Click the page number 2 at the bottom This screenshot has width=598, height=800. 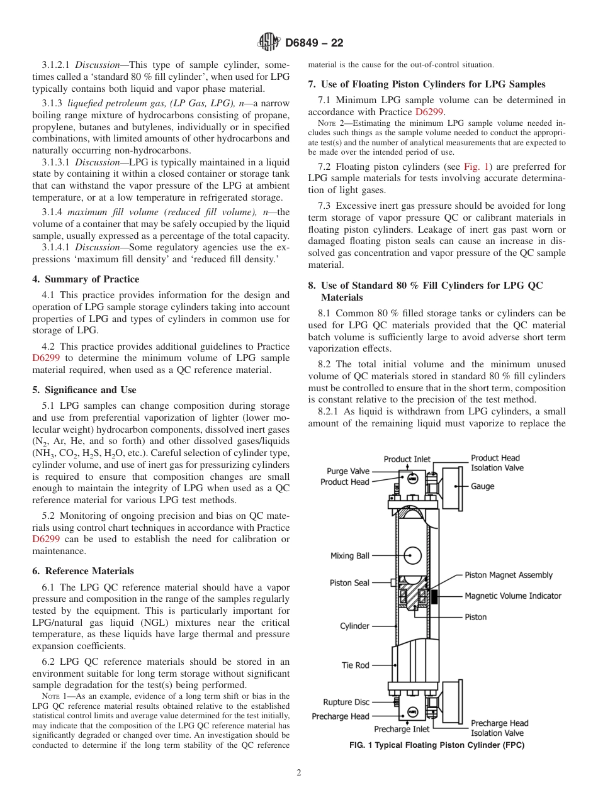click(x=299, y=773)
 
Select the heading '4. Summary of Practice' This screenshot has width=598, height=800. click(x=86, y=279)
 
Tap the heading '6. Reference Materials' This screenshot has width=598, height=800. click(x=83, y=571)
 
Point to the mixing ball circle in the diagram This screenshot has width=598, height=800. click(x=412, y=555)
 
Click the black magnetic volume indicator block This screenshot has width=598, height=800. click(x=434, y=596)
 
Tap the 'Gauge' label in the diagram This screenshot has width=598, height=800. click(x=483, y=486)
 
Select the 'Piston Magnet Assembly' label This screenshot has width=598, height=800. click(x=509, y=575)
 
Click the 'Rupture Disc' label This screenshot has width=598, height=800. click(x=346, y=703)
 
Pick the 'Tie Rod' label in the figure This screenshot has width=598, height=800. click(x=355, y=665)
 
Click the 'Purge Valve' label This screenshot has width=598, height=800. click(x=348, y=471)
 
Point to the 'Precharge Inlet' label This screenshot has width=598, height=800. click(x=402, y=729)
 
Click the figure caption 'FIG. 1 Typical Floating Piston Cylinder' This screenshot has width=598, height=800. click(x=437, y=745)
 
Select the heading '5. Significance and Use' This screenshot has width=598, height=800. click(x=84, y=390)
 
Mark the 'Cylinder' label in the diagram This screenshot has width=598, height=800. click(x=355, y=626)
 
